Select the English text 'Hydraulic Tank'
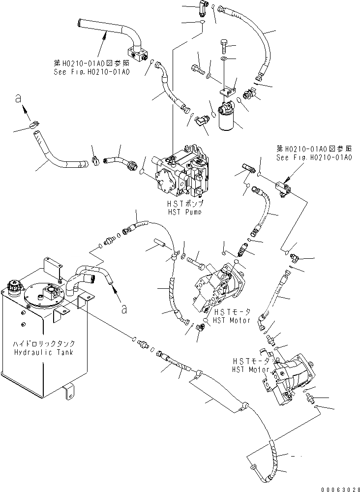pyautogui.click(x=44, y=353)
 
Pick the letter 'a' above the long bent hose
pyautogui.click(x=18, y=99)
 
